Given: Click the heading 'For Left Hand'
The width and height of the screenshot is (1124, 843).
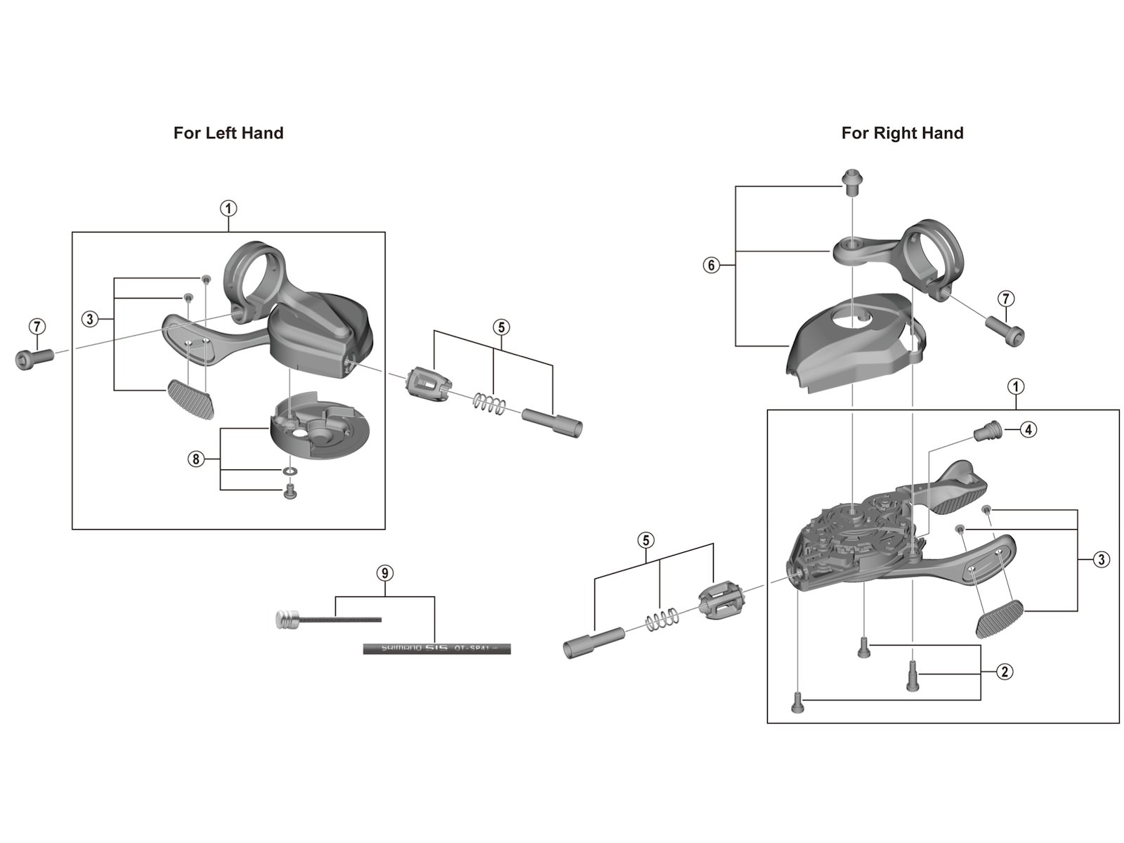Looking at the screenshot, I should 228,133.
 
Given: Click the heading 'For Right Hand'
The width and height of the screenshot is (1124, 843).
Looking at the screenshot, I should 902,133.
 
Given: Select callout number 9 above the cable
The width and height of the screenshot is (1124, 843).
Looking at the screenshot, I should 384,573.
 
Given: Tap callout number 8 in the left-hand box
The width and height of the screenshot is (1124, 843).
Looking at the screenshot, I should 195,459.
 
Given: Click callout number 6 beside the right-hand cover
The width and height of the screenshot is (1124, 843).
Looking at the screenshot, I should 711,266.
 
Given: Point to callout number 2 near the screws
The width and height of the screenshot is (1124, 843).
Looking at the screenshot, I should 1005,672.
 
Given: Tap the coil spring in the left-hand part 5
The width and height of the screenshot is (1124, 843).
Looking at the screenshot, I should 488,403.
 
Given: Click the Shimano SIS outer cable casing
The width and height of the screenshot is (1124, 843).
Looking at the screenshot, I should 436,648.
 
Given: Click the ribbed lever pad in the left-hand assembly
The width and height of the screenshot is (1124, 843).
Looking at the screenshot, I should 190,399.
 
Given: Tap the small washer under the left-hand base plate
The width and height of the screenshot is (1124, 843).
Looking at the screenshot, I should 289,470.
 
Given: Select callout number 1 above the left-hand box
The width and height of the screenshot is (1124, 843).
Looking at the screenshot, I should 228,209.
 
